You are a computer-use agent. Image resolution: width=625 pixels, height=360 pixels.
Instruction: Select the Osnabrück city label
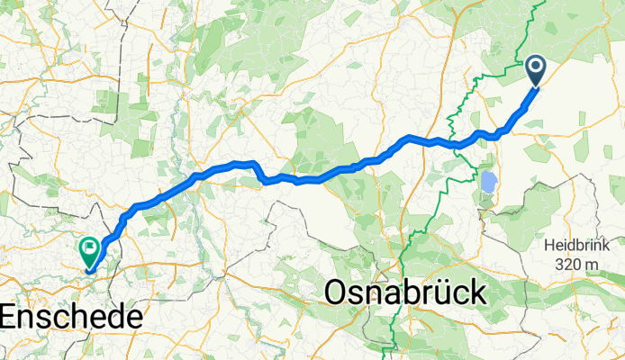[x=403, y=293]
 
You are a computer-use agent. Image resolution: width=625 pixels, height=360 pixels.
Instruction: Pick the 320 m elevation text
[x=578, y=263]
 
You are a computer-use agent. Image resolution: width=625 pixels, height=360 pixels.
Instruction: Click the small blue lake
[x=489, y=183]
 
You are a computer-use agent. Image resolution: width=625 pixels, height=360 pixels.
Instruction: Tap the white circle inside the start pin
[x=535, y=66]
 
